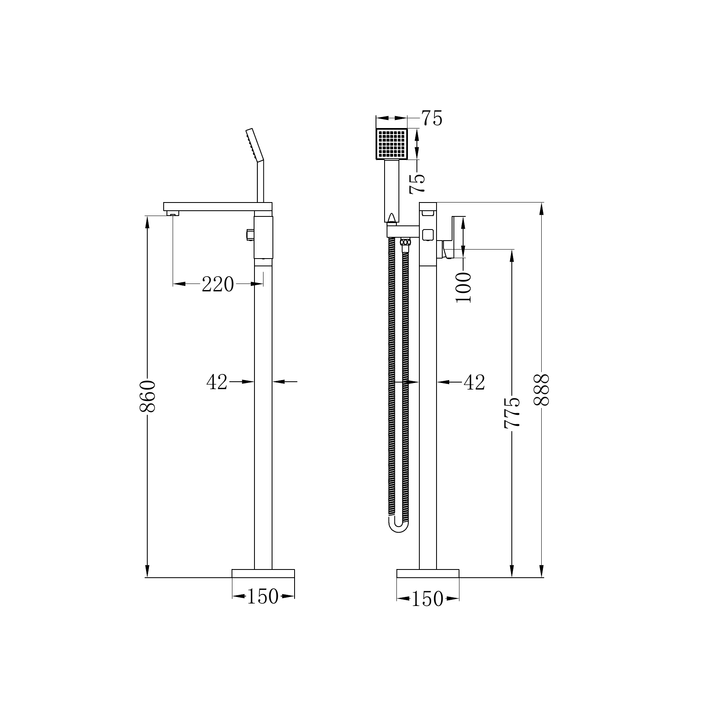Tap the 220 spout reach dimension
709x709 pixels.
218,284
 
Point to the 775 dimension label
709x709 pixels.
512,412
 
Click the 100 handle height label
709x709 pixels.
464,287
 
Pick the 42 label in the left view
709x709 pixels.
217,382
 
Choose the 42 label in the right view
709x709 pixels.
474,383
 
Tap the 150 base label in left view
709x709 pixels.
263,596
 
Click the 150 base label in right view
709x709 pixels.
428,599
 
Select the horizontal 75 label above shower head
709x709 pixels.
432,119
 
